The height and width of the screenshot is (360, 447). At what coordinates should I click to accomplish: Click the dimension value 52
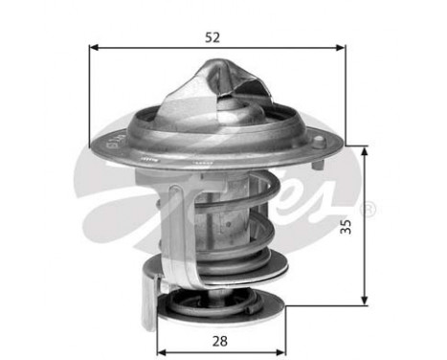pos(212,37)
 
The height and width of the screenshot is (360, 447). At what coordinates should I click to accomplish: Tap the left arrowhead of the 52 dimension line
pos(94,48)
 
